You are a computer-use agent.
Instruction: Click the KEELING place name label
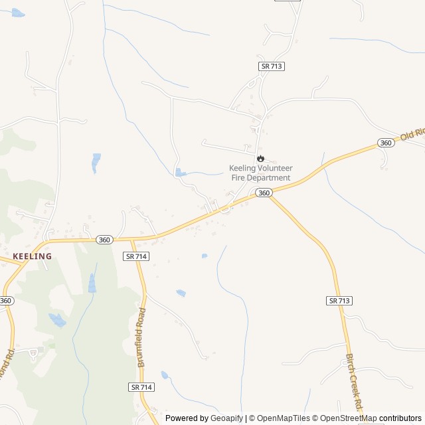click(32, 256)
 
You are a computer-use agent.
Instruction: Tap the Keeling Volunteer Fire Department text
click(260, 173)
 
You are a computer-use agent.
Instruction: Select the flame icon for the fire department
click(261, 159)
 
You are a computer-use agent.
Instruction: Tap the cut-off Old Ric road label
click(411, 135)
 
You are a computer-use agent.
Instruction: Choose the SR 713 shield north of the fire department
click(272, 66)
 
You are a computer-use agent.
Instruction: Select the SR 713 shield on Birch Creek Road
click(339, 301)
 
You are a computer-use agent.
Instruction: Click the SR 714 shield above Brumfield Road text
click(135, 256)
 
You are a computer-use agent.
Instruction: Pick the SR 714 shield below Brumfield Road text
click(141, 387)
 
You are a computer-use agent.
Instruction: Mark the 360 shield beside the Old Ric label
click(385, 143)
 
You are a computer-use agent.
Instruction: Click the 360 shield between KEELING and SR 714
click(104, 240)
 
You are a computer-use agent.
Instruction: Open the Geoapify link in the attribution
click(226, 418)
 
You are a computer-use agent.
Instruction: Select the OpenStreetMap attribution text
click(345, 418)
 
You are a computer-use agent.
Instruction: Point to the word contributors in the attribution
click(400, 418)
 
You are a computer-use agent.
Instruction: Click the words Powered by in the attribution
click(185, 418)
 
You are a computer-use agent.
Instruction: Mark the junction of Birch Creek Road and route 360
click(270, 197)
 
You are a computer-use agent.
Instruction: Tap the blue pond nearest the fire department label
click(179, 173)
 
